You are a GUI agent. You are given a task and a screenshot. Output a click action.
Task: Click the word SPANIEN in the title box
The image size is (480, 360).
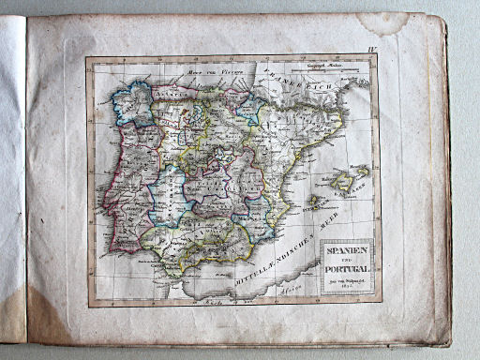[348, 250]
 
